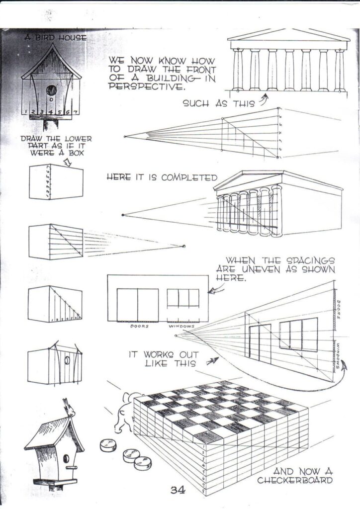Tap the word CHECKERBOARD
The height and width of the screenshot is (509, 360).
click(295, 480)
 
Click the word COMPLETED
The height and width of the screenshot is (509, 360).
click(192, 177)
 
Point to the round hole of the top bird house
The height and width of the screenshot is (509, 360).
click(51, 91)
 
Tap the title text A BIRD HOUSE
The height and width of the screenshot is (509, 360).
click(56, 37)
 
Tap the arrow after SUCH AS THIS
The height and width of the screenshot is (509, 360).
click(264, 101)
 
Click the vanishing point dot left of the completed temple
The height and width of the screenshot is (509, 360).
click(123, 215)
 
